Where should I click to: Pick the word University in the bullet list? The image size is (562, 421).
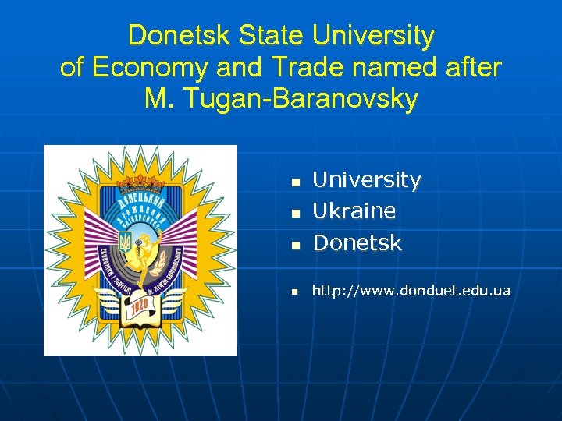click(x=366, y=180)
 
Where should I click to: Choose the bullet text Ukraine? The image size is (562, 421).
click(x=354, y=211)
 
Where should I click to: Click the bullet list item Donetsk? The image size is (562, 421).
click(x=357, y=243)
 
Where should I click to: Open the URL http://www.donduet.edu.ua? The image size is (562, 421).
click(x=411, y=291)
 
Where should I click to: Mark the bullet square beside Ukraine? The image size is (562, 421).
click(x=296, y=213)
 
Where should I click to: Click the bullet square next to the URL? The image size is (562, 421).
click(x=296, y=292)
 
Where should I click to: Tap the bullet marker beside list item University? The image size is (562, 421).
click(x=296, y=182)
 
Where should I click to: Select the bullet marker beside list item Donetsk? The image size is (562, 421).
click(x=296, y=245)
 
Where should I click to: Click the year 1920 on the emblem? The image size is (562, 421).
click(x=141, y=302)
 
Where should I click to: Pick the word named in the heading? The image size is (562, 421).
click(x=376, y=67)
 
